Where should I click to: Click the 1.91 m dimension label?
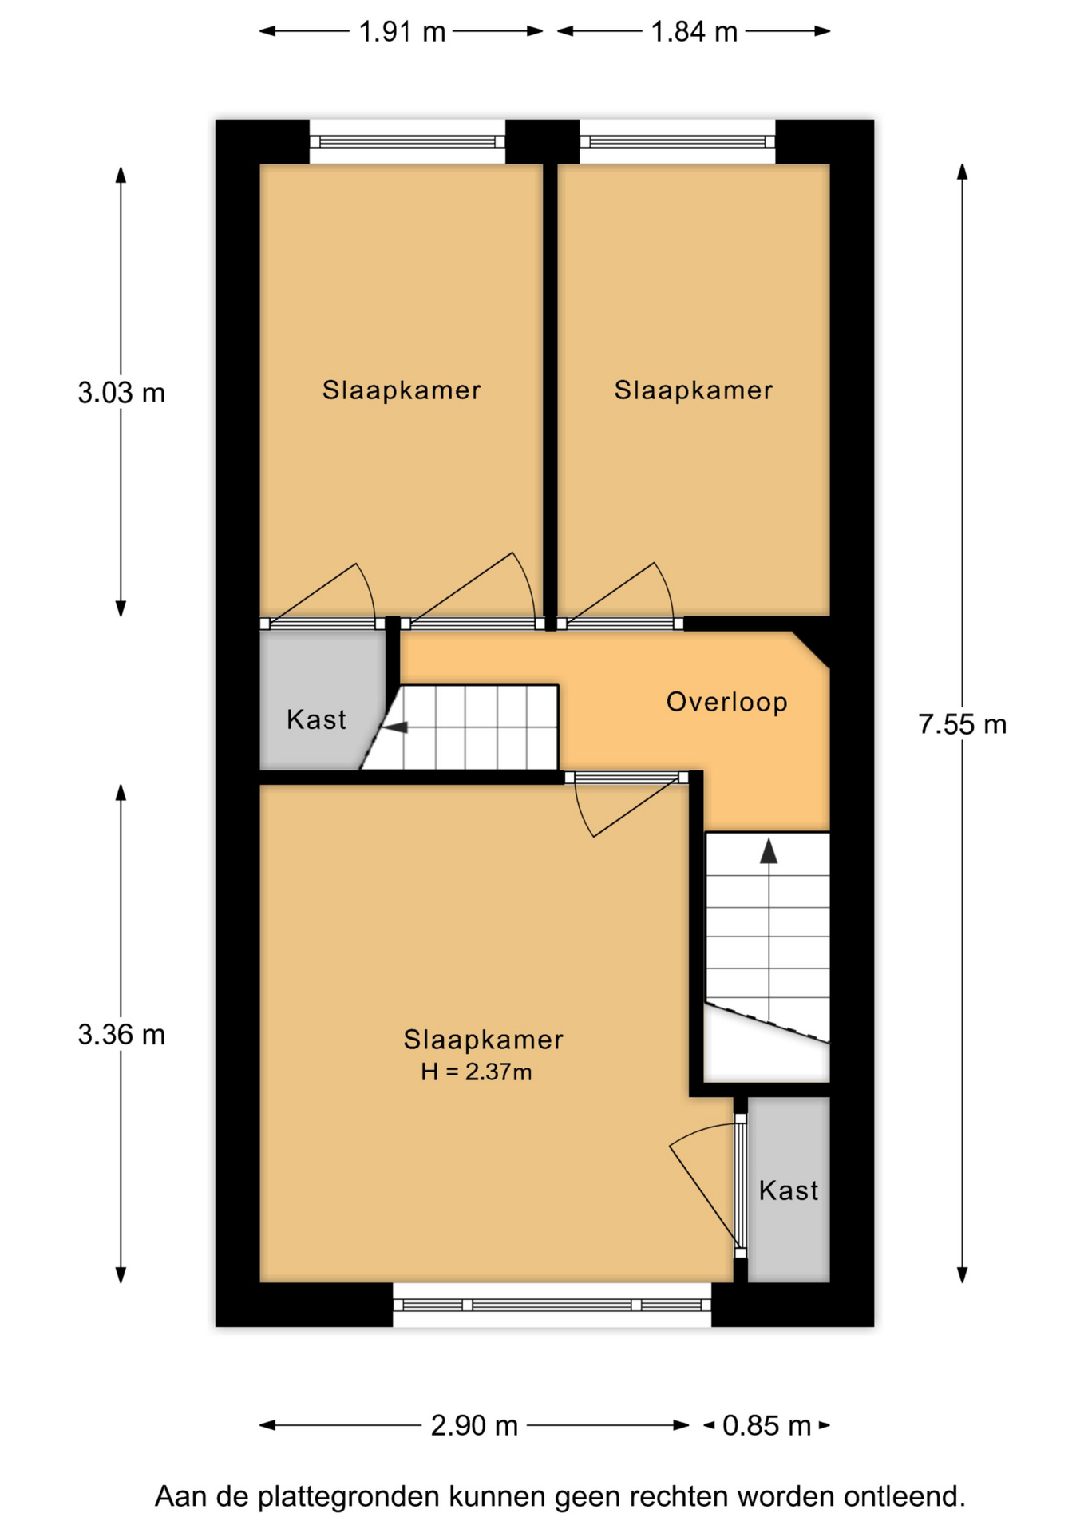pos(402,32)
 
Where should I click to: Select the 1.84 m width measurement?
pos(694,32)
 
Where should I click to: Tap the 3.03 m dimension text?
pos(121,393)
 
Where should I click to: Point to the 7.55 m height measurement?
pos(962,724)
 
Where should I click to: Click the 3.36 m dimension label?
pos(121,1035)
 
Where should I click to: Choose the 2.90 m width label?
pos(474,1425)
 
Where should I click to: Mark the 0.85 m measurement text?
pos(766,1425)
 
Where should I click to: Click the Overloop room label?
pos(726,703)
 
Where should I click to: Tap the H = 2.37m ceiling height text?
pos(477,1072)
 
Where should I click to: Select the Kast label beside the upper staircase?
pos(316,719)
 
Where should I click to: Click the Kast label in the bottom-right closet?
pos(789,1190)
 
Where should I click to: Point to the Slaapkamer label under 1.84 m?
pos(693,390)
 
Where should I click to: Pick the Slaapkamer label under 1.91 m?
pos(402,390)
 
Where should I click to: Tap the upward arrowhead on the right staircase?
pos(769,851)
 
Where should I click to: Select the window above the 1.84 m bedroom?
pos(677,141)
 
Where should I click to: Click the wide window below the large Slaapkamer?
pos(552,1305)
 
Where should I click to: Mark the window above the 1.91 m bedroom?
pos(407,141)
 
